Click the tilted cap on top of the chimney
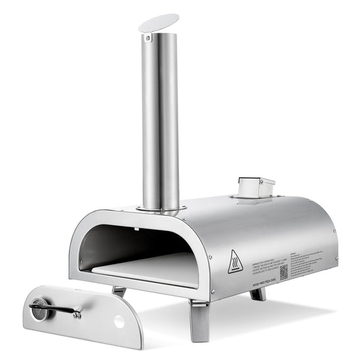coord(159,22)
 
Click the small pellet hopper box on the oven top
coord(257,186)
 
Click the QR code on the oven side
coord(284,271)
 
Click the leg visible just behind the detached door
coord(120,291)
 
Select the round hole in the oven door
coord(120,322)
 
